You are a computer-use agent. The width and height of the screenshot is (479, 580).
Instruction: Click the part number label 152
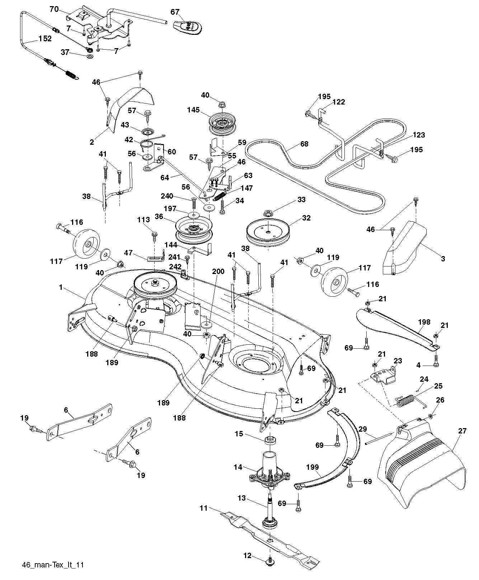45,39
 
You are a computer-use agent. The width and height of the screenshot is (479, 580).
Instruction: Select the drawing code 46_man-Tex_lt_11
53,565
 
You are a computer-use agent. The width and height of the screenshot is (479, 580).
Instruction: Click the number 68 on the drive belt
304,144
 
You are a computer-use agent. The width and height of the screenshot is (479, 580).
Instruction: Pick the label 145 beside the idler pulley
193,110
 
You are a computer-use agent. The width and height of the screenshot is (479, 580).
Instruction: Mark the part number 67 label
175,12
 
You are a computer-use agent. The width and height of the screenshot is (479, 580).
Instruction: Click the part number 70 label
54,9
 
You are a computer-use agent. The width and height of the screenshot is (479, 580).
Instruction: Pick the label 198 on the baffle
424,322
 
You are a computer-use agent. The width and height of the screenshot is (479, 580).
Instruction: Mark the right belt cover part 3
405,251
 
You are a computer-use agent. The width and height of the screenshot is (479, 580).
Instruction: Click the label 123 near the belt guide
419,135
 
